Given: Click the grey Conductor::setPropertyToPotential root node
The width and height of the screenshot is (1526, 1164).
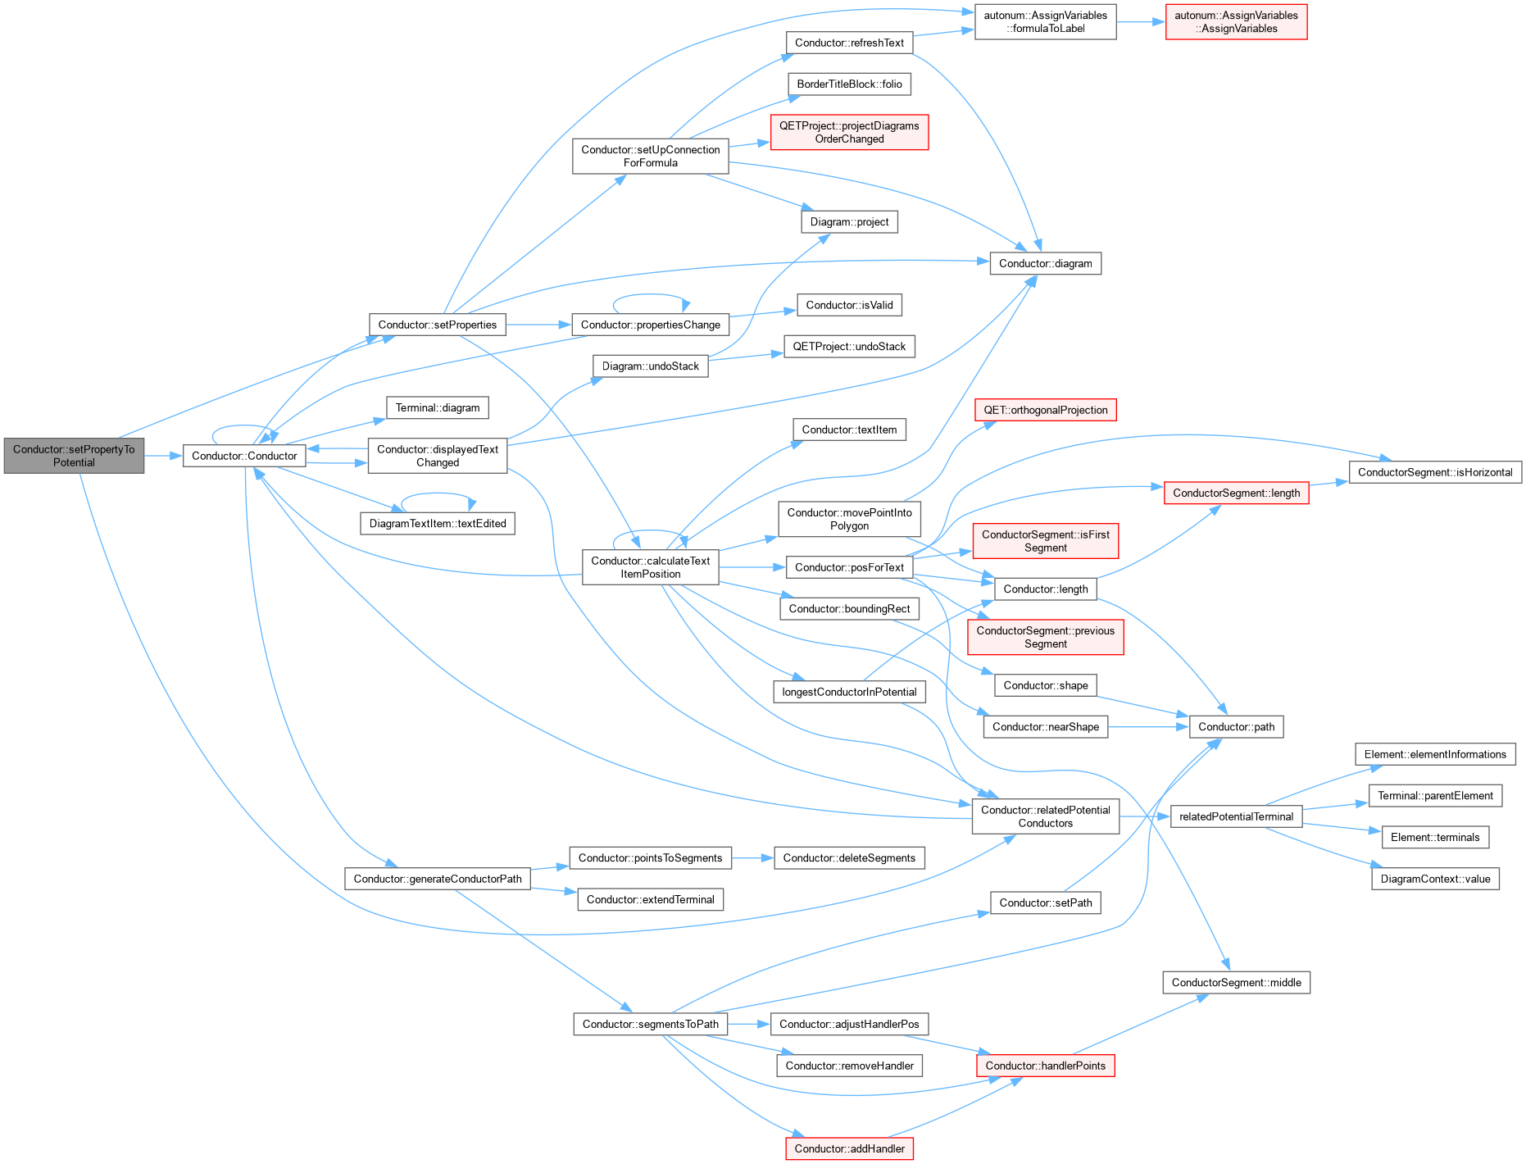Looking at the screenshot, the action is coord(74,456).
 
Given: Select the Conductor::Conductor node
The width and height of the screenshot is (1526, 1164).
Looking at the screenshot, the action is coord(244,456).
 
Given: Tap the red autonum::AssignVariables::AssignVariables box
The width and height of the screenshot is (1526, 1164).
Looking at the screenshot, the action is coord(1236,22).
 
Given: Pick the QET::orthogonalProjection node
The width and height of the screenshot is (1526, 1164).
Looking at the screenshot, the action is coord(1046,410).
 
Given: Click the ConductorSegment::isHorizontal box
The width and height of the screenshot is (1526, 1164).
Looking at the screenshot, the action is coord(1435,472).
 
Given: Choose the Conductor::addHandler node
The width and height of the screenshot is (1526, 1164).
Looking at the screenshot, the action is coord(849,1148).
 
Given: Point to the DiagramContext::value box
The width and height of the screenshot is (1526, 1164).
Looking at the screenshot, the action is coord(1435,879).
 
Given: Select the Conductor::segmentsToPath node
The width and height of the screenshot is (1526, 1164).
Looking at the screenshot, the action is coord(650,1024).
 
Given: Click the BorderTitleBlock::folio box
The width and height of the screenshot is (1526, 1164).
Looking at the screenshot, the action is coord(849,84).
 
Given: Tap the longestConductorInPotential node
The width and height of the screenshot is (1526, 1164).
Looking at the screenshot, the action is coord(849,692).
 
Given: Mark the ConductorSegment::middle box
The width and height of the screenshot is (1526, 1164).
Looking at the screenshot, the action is coord(1236,982).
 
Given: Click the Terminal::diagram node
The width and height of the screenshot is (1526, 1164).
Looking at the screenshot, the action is coord(438,407).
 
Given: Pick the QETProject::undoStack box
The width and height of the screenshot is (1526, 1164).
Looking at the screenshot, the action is coord(849,346).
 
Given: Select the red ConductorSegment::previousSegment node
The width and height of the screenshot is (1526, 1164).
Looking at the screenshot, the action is coord(1046,637).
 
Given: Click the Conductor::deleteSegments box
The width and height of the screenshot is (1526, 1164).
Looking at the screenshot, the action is coord(849,857).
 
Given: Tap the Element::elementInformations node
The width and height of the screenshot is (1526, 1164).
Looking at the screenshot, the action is coord(1435,754).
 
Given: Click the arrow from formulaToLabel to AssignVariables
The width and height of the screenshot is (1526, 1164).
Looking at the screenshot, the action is coord(1141,22).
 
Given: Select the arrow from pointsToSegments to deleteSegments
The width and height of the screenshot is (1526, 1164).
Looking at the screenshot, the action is coord(752,857).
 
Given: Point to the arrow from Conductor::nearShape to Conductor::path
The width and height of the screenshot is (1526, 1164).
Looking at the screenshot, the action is coord(1149,726).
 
